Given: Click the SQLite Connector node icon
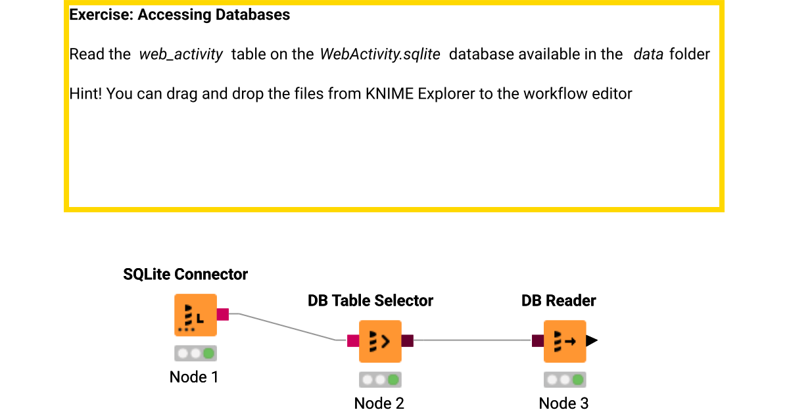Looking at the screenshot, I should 195,315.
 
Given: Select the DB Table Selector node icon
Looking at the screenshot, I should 380,341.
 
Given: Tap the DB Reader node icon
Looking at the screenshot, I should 564,341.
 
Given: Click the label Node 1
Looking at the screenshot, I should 194,377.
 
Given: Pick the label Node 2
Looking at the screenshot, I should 379,403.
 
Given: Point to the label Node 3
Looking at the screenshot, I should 563,403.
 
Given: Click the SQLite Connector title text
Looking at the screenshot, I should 185,275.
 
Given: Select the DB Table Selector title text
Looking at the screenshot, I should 370,301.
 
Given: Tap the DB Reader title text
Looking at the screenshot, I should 558,301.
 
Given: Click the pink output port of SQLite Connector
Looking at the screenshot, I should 222,315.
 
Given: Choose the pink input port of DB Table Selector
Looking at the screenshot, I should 353,340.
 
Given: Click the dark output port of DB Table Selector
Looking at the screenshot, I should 407,340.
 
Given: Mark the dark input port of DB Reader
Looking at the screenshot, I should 538,340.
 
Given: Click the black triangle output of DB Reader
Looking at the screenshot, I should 592,340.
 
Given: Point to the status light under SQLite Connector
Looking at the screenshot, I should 195,354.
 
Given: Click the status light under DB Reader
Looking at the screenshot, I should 565,380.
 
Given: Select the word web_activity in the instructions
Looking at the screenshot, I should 181,55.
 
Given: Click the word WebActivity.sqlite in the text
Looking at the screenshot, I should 380,55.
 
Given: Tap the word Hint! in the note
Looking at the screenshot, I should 85,94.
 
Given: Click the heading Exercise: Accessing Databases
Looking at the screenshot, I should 179,14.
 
